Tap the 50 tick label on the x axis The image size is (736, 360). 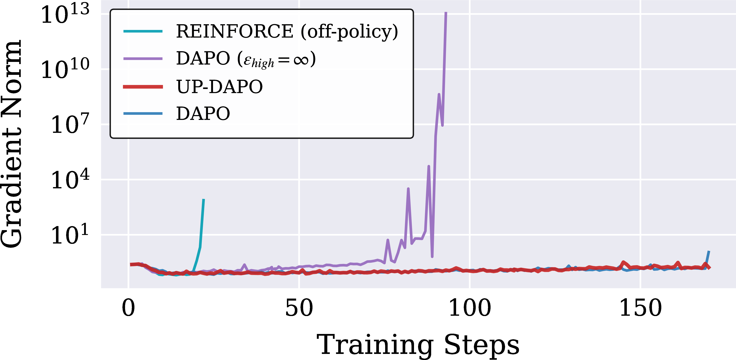[299, 308]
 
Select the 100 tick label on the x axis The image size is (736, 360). [470, 308]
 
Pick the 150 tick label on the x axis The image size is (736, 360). [641, 308]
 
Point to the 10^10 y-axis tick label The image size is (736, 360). [65, 69]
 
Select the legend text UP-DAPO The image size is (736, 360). [219, 87]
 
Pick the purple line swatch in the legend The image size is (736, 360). [143, 59]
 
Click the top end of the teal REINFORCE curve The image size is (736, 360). [203, 199]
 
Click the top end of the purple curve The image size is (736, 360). [446, 13]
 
